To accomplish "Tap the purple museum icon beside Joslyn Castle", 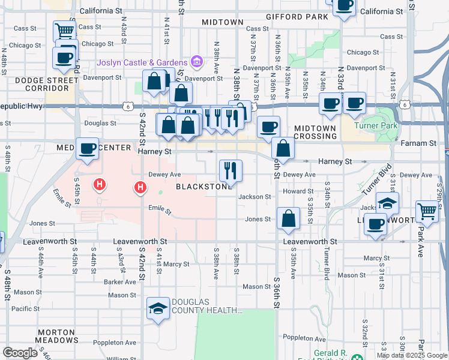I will point(196,61).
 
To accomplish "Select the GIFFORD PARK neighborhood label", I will point(297,17).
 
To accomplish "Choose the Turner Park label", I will point(376,125).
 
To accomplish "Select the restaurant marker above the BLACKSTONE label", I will point(230,170).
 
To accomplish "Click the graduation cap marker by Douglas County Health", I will point(158,309).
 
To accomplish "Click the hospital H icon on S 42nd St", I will point(140,188).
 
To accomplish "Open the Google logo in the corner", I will point(20,353).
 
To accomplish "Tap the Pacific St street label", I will point(25,308).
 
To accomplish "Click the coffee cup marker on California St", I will point(344,7).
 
